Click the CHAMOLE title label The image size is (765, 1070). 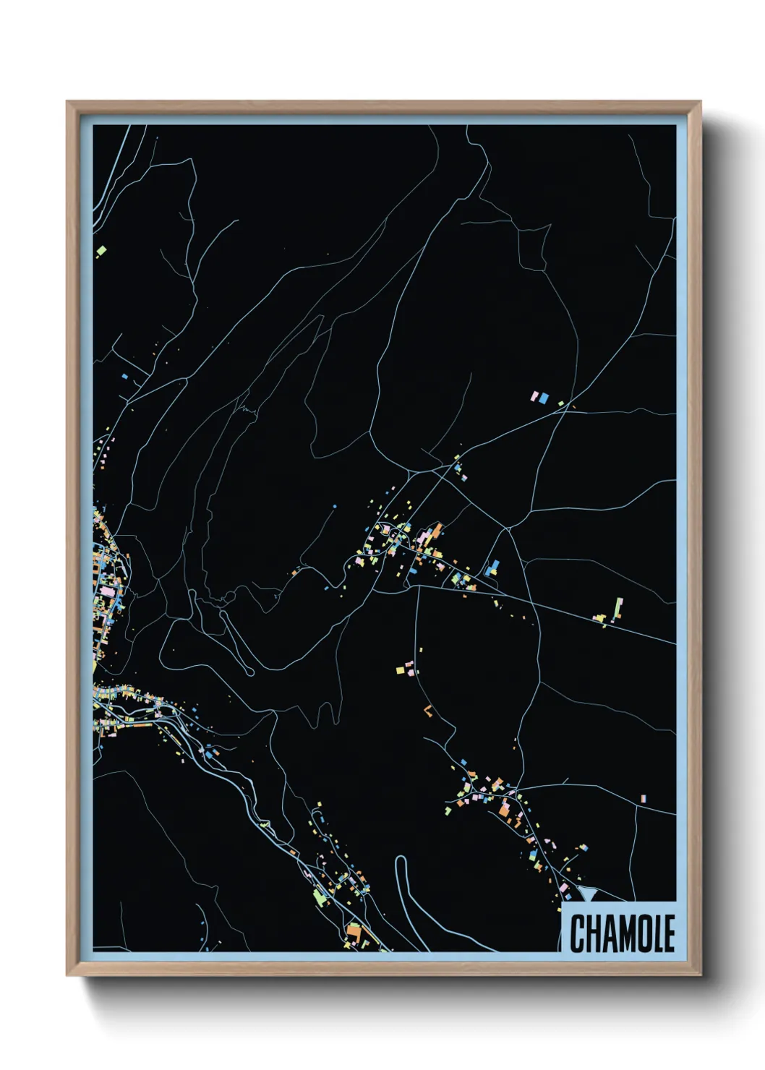(621, 933)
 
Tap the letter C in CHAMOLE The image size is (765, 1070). (578, 933)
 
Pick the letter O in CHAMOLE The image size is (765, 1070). (641, 933)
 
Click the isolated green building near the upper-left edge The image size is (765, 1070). (101, 251)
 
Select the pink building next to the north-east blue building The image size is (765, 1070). (536, 396)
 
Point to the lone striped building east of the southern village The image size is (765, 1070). (644, 799)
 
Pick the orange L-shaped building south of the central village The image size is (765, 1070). (428, 711)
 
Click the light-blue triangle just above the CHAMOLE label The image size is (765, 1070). (588, 894)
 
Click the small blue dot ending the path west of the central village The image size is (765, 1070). (336, 506)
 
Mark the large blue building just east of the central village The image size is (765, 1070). (493, 568)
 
